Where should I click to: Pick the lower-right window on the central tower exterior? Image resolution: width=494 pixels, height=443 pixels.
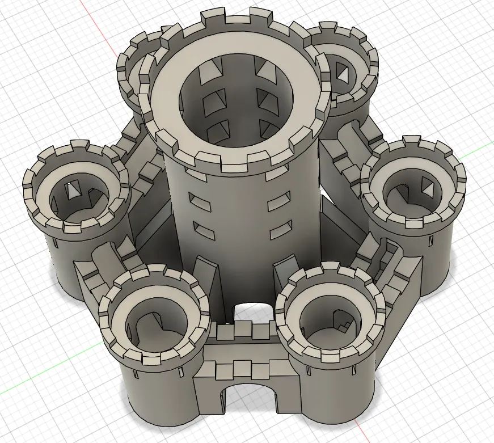pos(280,231)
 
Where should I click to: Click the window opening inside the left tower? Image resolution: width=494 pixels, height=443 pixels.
pos(72,190)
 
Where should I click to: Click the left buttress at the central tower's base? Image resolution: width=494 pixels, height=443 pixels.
pos(205,278)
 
